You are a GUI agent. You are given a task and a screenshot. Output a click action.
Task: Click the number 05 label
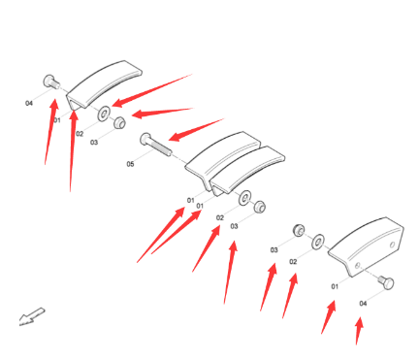point(130,164)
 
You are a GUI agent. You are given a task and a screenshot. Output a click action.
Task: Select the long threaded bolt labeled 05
point(156,146)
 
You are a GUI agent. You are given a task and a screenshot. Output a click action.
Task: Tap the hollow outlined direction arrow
point(32,316)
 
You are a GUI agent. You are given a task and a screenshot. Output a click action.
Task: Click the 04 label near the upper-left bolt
point(29,103)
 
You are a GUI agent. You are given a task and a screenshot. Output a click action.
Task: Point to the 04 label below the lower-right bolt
point(363,303)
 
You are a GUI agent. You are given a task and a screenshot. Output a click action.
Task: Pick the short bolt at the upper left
point(51,82)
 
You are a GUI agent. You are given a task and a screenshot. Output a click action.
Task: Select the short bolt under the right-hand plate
point(386,282)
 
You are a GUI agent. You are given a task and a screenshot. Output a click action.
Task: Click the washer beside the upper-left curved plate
point(104,114)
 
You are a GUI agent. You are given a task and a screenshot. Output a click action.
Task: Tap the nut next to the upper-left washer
point(119,122)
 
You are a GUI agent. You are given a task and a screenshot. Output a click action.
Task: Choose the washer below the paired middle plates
point(244,198)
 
